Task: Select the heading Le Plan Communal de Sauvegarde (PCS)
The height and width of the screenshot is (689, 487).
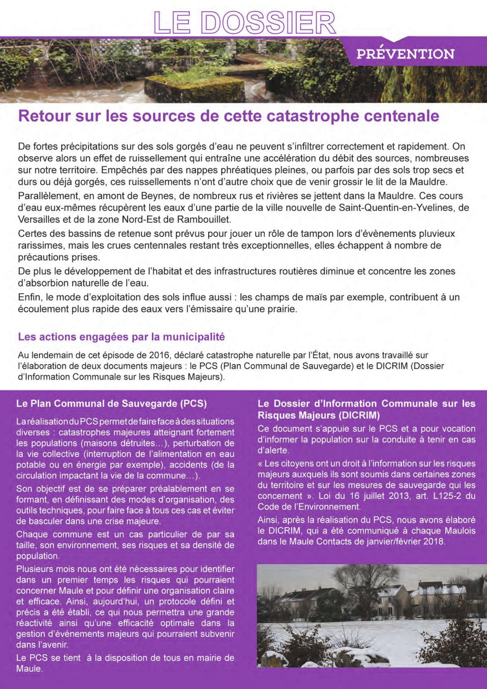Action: (112, 404)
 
